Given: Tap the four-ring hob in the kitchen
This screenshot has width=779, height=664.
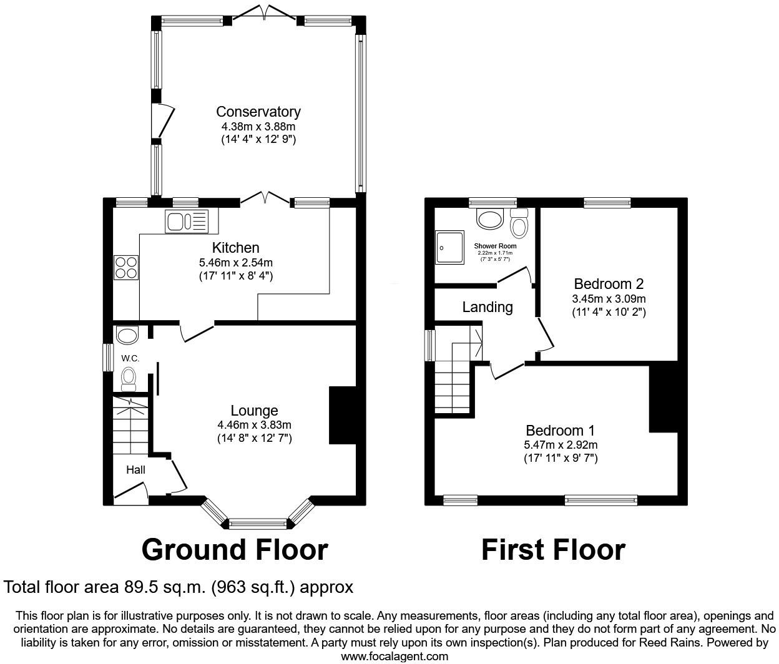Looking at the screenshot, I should [x=125, y=268].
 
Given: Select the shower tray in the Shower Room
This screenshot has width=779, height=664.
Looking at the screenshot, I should [x=450, y=247].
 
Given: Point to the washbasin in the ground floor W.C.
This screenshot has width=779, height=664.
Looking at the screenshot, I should [x=127, y=335].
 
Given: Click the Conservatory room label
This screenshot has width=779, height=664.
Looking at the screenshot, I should [x=258, y=112].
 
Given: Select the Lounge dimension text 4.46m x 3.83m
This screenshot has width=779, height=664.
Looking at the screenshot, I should [x=254, y=425].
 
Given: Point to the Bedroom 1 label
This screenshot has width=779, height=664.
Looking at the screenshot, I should [x=560, y=431].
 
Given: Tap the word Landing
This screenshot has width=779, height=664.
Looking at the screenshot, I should [x=487, y=307].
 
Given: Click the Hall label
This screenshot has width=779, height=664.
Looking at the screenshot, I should [x=135, y=469].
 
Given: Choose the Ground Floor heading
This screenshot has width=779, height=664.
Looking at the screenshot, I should [x=234, y=550].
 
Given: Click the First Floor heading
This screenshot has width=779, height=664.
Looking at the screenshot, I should [x=553, y=550].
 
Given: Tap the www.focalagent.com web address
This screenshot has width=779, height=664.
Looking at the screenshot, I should [x=394, y=656].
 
